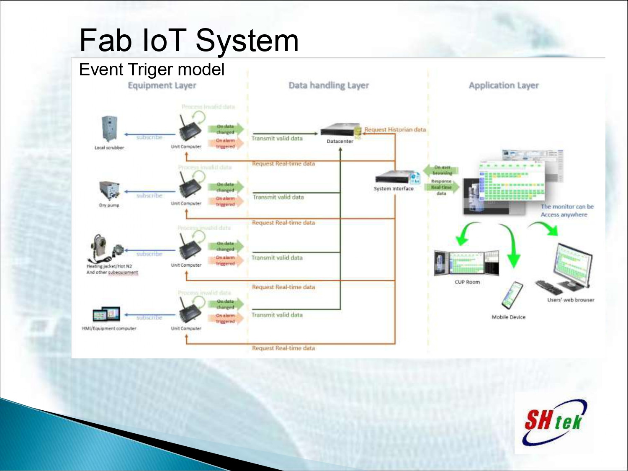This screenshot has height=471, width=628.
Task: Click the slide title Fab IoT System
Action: [x=189, y=41]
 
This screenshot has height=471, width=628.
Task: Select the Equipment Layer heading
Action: [x=162, y=85]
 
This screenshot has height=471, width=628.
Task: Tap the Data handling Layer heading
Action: [x=329, y=85]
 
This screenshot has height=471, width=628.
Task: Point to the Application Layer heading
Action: [x=503, y=85]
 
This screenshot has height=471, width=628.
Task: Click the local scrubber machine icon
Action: [x=109, y=129]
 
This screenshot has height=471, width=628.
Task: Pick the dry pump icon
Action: [x=109, y=190]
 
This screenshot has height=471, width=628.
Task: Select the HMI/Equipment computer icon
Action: [x=106, y=314]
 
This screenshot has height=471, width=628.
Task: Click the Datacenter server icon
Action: [x=340, y=130]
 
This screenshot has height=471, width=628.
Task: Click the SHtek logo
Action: [x=553, y=422]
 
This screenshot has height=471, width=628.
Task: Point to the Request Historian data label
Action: [x=395, y=130]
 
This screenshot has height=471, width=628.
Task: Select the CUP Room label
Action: [x=467, y=282]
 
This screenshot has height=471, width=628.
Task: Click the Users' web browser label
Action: [x=571, y=300]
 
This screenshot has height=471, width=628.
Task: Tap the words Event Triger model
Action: [x=152, y=69]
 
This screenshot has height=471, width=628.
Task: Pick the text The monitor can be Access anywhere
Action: [x=567, y=211]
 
